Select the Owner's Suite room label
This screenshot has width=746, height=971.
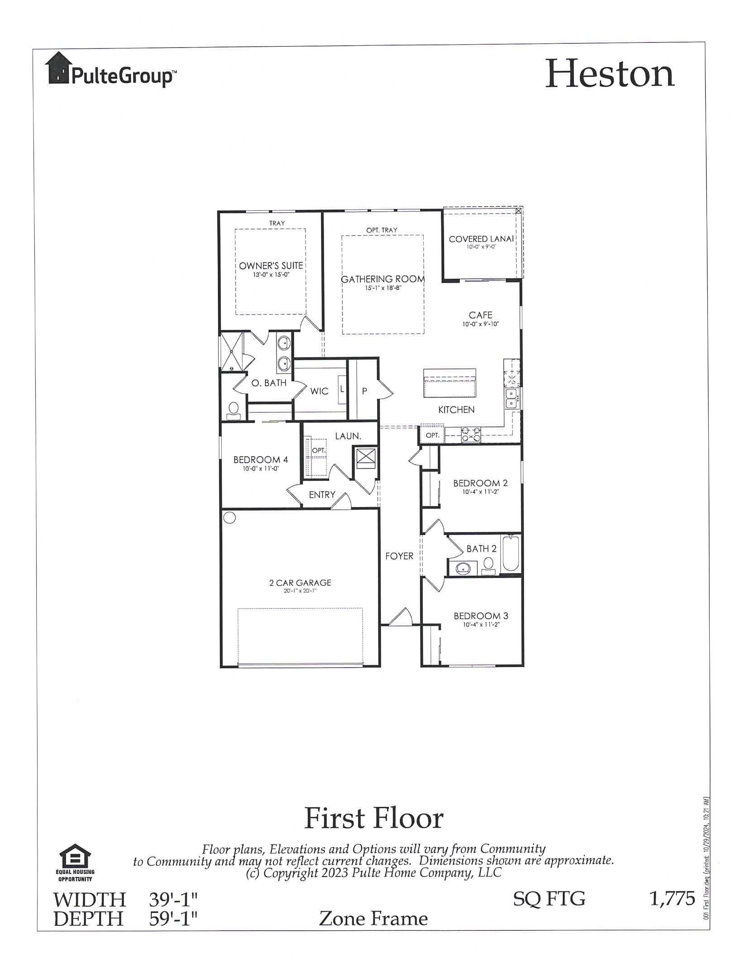tap(271, 265)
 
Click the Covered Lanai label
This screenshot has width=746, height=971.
tap(481, 239)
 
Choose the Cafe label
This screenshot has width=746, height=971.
tap(480, 315)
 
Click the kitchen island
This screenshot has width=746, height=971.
tap(450, 383)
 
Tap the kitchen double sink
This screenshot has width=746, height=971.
tap(512, 398)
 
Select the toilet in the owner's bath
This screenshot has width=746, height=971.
tap(234, 410)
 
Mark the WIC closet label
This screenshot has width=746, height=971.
tap(319, 391)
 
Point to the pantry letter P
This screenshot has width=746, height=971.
tap(364, 392)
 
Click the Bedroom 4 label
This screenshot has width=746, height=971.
tap(260, 459)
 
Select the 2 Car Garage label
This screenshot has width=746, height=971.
tap(300, 583)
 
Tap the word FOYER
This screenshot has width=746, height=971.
tap(399, 556)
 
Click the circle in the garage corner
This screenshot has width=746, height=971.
tap(230, 517)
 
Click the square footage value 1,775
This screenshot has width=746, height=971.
tap(672, 898)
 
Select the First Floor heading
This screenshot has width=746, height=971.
tap(373, 818)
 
